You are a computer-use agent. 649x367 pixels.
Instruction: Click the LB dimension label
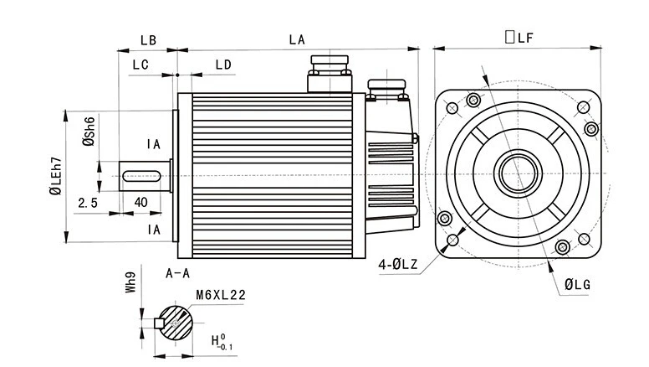point(148,40)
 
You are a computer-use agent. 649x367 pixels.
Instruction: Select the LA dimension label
point(297,40)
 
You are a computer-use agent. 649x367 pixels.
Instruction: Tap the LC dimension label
point(141,65)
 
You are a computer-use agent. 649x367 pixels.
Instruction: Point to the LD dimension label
point(223,65)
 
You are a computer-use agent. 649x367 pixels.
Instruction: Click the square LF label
point(519,38)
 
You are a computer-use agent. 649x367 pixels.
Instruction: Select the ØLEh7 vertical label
point(55,176)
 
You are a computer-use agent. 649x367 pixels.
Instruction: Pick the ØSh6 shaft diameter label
point(89,131)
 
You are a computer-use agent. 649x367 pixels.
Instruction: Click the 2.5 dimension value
point(88,203)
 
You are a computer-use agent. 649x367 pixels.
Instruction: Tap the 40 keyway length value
point(141,202)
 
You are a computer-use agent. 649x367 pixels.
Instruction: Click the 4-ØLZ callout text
point(398,264)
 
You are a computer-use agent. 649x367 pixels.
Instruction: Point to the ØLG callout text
point(577,285)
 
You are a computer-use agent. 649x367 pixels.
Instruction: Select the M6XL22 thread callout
point(221,295)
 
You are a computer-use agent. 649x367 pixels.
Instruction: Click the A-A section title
point(177,273)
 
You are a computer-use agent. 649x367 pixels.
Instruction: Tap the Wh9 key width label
point(130,282)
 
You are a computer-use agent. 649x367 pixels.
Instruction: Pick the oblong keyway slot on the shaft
point(141,176)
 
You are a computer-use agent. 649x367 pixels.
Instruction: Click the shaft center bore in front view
point(518,173)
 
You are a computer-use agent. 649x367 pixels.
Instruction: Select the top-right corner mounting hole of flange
point(583,108)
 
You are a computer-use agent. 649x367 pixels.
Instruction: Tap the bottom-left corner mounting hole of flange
point(452,240)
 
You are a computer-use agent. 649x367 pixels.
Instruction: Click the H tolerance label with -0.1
point(222,341)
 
